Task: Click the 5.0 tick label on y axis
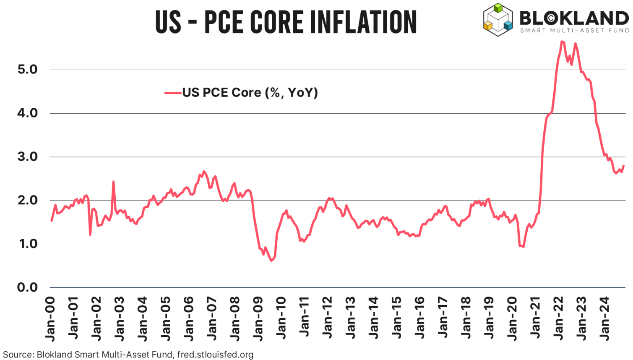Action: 27,70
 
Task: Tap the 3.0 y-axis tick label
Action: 27,157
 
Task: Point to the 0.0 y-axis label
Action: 27,287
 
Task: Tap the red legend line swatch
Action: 173,93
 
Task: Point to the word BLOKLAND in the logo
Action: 574,18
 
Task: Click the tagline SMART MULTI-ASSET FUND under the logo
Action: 575,31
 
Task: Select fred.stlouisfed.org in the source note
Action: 215,355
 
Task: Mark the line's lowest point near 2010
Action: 271,261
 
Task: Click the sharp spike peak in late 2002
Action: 113,182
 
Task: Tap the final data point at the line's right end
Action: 624,166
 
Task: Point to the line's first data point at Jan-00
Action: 52,220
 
